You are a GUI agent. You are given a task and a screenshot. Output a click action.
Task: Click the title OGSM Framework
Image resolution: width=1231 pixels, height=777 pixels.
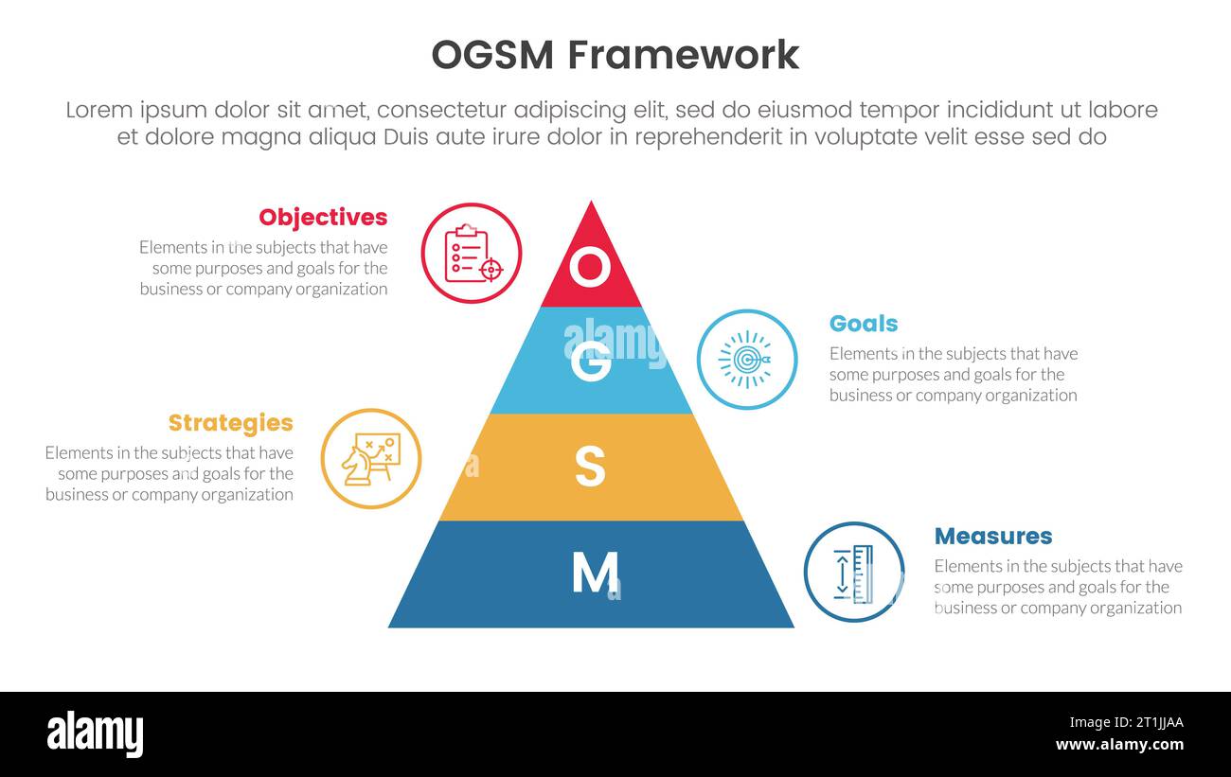(615, 55)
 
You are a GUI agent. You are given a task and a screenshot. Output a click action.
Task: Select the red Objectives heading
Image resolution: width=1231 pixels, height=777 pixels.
(323, 217)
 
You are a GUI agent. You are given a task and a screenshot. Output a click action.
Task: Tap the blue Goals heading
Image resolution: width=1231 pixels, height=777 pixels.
(863, 323)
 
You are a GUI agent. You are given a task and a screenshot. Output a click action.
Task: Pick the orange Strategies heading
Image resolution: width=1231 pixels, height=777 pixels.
(230, 422)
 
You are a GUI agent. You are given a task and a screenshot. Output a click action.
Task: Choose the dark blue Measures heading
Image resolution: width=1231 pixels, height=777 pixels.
(992, 536)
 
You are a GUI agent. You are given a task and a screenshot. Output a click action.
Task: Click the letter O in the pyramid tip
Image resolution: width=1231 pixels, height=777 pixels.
(590, 268)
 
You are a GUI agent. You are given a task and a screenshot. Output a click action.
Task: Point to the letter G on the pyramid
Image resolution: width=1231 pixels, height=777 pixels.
(591, 362)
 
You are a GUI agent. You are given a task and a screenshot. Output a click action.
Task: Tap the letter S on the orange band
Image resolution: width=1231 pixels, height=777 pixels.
(590, 468)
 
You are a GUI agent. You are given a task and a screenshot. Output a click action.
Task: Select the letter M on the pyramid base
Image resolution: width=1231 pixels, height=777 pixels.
(594, 572)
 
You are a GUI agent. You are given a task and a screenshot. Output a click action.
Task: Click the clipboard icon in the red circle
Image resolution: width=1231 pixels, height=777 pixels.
(472, 254)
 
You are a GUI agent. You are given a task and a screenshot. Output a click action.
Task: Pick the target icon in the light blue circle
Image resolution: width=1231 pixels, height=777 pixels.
(746, 360)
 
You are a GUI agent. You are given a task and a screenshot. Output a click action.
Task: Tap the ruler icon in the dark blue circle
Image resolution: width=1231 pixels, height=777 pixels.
(853, 573)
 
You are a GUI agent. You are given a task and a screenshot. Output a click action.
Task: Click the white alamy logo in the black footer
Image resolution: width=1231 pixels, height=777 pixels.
(95, 733)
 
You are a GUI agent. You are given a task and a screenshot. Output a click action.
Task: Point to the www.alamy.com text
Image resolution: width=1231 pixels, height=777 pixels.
(1119, 745)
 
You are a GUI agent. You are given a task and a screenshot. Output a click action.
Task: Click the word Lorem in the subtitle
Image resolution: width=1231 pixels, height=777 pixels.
(99, 110)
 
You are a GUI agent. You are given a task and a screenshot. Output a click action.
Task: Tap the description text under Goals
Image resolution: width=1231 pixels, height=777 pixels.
(953, 374)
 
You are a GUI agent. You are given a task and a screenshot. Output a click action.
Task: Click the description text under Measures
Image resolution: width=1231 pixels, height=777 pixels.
(1058, 587)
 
